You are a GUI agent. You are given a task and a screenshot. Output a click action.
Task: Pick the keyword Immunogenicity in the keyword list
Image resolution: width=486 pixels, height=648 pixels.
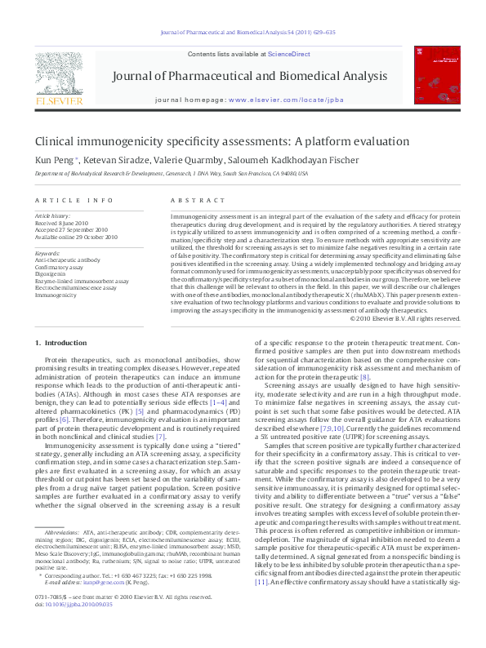tap(56, 294)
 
